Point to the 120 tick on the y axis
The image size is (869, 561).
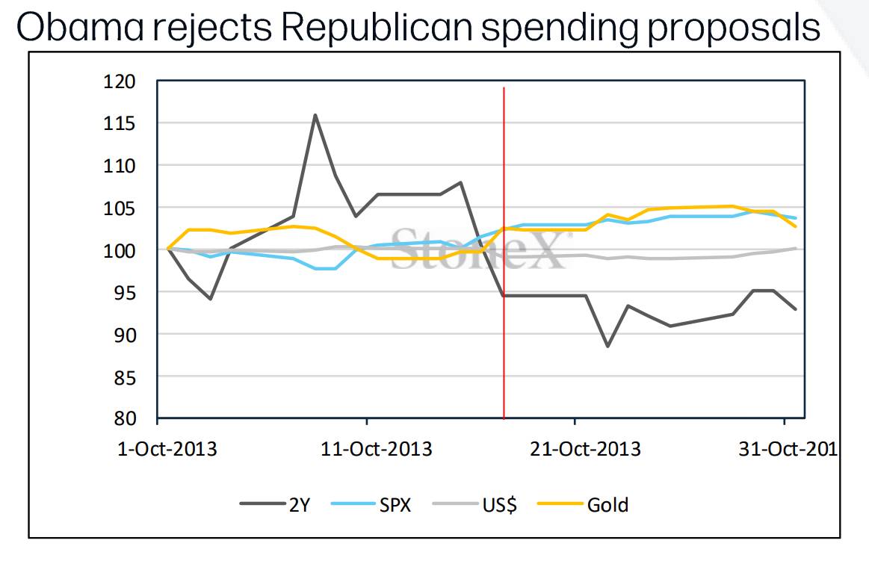pyautogui.click(x=119, y=82)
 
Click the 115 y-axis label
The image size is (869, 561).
pyautogui.click(x=119, y=123)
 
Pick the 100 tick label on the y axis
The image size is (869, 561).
pyautogui.click(x=119, y=251)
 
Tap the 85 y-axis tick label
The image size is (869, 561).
pyautogui.click(x=125, y=378)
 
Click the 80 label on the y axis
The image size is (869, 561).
pyautogui.click(x=125, y=418)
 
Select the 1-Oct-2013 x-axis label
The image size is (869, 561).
pyautogui.click(x=167, y=449)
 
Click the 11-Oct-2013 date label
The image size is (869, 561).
pyautogui.click(x=377, y=449)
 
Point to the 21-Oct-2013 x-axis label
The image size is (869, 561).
pyautogui.click(x=585, y=449)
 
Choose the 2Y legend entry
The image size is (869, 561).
pyautogui.click(x=275, y=504)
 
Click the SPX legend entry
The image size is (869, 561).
pyautogui.click(x=371, y=504)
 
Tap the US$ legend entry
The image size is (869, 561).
pyautogui.click(x=474, y=504)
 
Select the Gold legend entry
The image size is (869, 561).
pyautogui.click(x=583, y=504)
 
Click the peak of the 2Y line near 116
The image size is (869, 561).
pyautogui.click(x=315, y=115)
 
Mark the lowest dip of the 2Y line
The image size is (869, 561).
pyautogui.click(x=607, y=346)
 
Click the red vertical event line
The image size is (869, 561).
pyautogui.click(x=504, y=252)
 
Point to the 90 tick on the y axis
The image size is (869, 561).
pyautogui.click(x=125, y=335)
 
